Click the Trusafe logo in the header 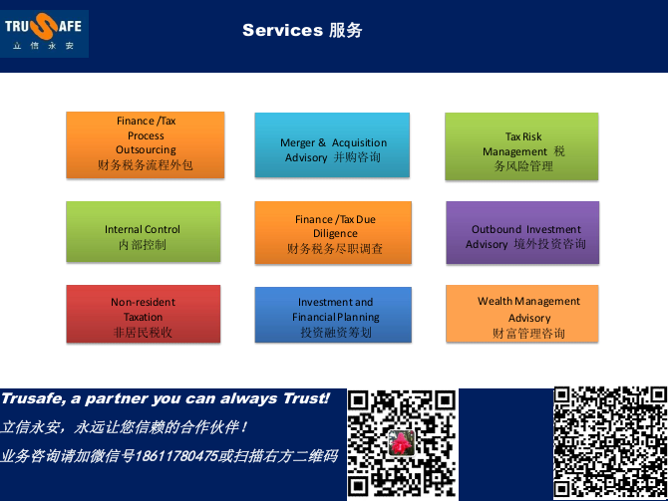(x=44, y=34)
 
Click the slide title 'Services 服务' (x=302, y=30)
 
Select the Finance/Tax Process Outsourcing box (x=146, y=144)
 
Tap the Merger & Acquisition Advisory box (x=332, y=144)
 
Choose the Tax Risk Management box (x=521, y=146)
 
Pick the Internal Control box (x=144, y=231)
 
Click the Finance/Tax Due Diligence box (x=333, y=233)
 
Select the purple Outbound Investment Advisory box (x=522, y=232)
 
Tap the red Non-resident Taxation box (x=144, y=314)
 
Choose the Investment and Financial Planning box (x=333, y=315)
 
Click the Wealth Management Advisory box (x=521, y=314)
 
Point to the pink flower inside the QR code (x=401, y=442)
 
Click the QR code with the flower (x=402, y=444)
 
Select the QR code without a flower (x=610, y=442)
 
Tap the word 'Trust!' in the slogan (x=307, y=398)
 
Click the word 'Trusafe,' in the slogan (x=34, y=398)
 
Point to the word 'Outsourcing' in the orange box (x=146, y=149)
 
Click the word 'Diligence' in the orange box (x=335, y=233)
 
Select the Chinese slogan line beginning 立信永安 (x=124, y=427)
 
